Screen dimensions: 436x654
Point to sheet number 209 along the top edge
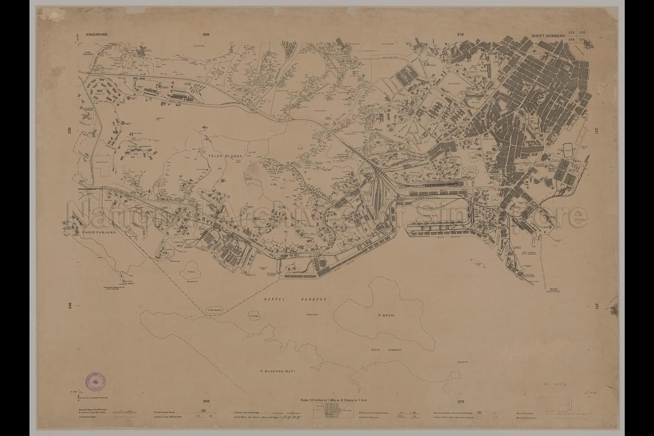click(207, 34)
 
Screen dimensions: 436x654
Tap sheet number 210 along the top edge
click(460, 34)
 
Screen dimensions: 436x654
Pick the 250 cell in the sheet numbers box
click(582, 39)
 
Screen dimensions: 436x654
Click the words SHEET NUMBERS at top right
click(548, 36)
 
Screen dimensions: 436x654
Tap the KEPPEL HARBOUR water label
click(294, 300)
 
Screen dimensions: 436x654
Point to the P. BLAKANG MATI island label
click(277, 371)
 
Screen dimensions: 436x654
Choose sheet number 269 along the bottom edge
click(207, 402)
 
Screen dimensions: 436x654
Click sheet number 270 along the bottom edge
click(460, 402)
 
